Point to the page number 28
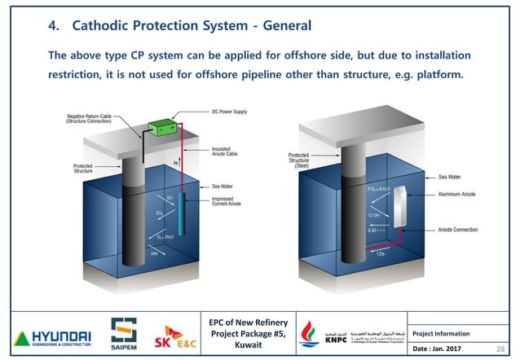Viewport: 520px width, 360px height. point(500,347)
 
